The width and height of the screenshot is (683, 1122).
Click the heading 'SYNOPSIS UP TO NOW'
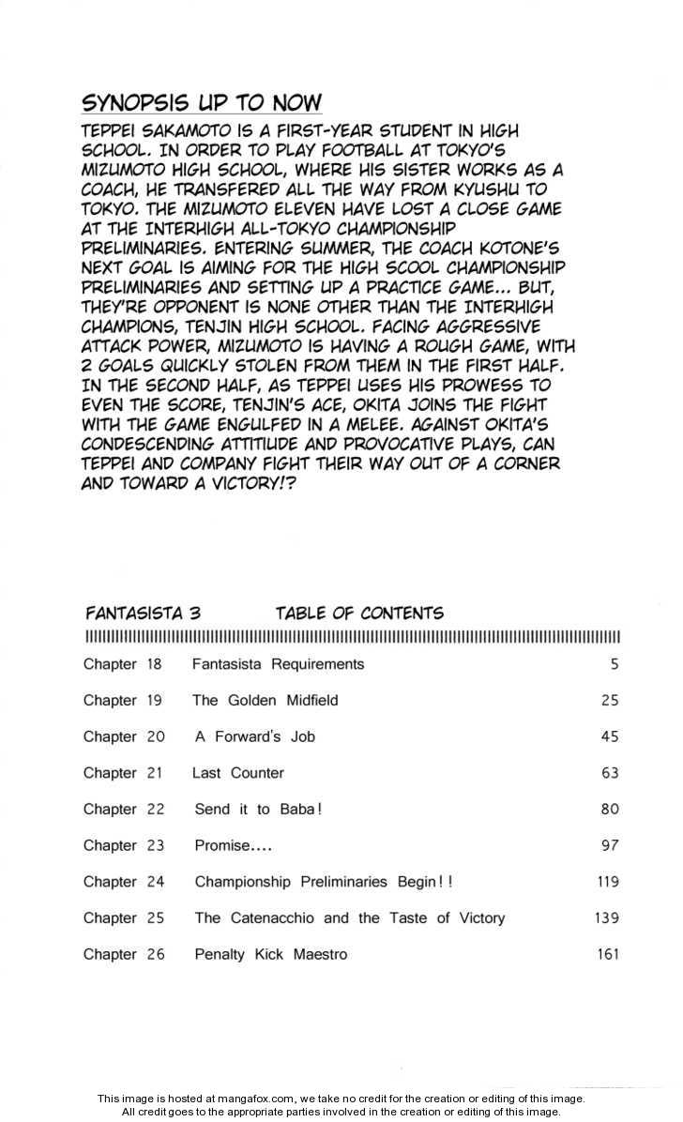point(202,102)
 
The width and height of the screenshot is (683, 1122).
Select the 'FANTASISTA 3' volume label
point(142,614)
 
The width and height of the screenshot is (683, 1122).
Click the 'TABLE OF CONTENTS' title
point(359,614)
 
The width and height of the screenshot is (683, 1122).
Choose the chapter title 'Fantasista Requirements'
point(278,664)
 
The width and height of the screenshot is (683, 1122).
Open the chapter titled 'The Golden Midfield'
point(265,701)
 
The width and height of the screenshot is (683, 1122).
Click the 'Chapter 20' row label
point(124,737)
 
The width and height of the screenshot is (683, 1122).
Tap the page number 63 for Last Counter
point(610,773)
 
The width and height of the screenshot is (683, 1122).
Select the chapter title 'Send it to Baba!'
point(258,810)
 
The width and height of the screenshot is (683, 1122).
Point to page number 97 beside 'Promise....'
point(610,846)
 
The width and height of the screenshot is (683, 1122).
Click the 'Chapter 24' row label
point(124,882)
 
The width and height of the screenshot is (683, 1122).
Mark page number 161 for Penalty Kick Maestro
point(607,955)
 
